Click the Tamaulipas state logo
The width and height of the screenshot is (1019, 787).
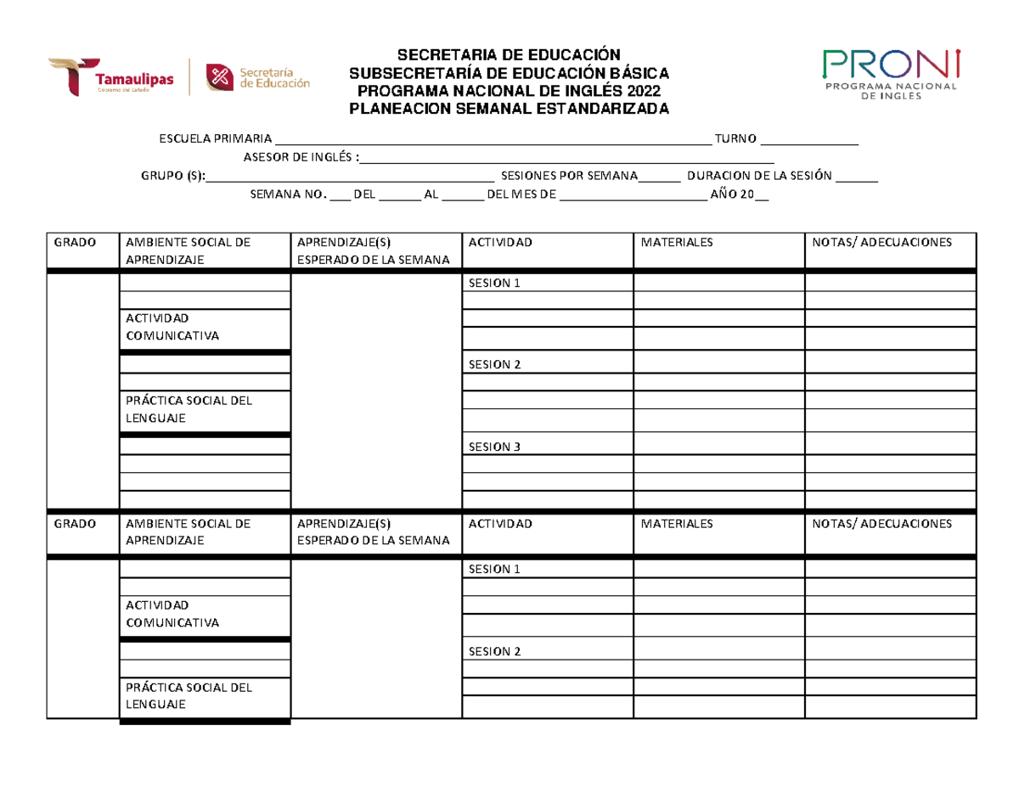[110, 76]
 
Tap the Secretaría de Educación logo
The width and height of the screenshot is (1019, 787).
[259, 76]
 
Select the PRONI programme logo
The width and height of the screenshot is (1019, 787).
[891, 74]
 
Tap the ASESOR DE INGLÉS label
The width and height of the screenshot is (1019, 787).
[300, 158]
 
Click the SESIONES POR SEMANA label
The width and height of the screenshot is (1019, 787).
[569, 177]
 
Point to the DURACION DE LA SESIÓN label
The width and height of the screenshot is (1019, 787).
[759, 177]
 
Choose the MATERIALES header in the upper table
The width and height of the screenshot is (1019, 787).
[677, 243]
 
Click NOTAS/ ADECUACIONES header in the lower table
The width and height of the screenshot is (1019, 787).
[881, 524]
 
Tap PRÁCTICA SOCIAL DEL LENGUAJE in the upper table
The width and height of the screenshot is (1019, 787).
[189, 410]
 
